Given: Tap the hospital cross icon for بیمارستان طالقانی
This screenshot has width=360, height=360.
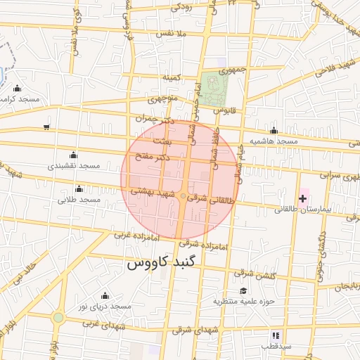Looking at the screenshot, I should point(302,199).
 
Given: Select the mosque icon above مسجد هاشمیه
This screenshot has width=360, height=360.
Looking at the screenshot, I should point(274,130).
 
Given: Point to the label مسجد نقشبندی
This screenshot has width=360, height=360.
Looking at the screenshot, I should point(74,166).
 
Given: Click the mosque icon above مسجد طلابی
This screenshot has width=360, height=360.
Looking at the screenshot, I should point(79,188).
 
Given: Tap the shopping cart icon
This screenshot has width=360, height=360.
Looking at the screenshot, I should point(46,127).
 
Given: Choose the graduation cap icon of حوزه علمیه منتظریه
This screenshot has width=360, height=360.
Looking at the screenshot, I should point(243,290).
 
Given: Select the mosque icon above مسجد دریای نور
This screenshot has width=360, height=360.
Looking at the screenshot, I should point(105,295).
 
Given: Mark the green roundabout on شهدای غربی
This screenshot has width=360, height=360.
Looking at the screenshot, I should point(58,319).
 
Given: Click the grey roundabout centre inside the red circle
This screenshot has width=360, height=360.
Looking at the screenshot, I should point(184,196).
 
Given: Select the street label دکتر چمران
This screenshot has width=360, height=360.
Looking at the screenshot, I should point(156,120).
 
